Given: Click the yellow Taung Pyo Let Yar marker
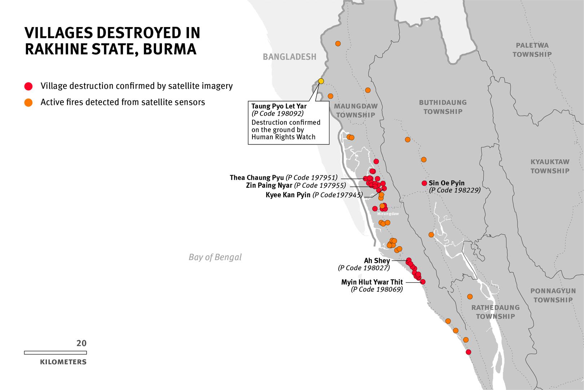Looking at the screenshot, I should (321, 81).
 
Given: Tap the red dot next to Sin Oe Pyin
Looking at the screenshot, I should (424, 183).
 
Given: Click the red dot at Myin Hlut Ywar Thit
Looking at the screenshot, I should (423, 282).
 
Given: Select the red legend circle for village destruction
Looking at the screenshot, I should (28, 86).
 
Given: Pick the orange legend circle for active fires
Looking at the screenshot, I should (28, 103).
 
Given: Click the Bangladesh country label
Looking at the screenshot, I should (289, 57).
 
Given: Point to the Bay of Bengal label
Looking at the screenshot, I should (215, 257).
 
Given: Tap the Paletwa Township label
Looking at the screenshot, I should (532, 50).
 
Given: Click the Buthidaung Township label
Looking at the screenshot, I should (443, 107).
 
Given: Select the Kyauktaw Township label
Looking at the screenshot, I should (550, 166).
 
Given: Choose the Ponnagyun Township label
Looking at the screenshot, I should (553, 295).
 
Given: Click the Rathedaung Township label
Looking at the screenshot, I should (495, 312).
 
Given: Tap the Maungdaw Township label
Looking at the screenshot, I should (356, 110).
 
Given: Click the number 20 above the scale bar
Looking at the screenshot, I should (82, 343).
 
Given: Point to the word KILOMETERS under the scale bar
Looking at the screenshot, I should (63, 362).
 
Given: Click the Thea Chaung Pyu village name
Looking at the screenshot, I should (256, 178).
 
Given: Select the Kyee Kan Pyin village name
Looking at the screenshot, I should (288, 195).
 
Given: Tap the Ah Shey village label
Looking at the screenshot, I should (377, 261).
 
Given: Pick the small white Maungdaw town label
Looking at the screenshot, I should (388, 214).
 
